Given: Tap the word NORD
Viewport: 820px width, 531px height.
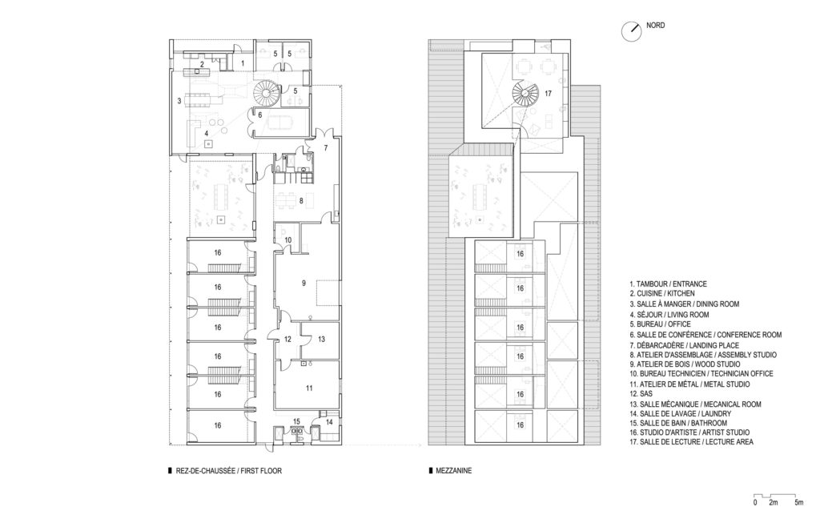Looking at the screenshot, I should tap(657, 26).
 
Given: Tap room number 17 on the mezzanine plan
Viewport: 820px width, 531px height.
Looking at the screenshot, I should tap(549, 94).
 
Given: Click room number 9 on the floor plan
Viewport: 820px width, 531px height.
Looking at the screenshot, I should tap(304, 283).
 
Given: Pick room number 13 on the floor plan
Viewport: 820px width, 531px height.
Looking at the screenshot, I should tap(320, 339).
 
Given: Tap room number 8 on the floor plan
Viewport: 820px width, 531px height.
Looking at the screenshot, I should tap(301, 201).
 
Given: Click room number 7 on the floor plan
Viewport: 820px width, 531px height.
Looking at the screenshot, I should tap(327, 148).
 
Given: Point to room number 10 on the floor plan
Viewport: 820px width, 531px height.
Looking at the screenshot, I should tap(288, 240).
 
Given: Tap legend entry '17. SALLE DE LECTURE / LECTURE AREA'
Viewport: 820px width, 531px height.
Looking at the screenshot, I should tap(691, 441).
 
